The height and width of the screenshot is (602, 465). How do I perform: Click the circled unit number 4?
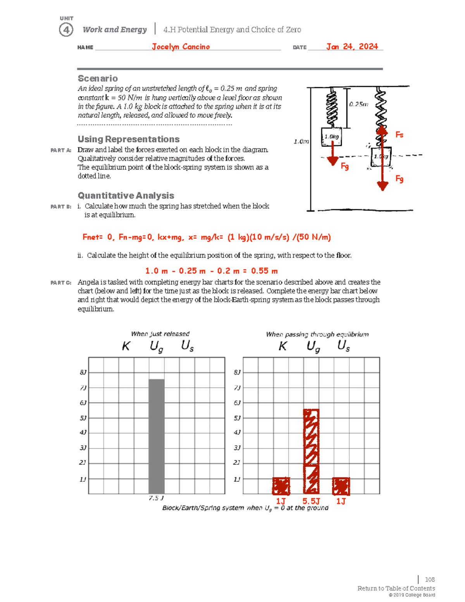(66, 30)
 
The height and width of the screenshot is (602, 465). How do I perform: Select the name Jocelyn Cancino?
(181, 47)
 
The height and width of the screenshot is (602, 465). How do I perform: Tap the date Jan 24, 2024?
(352, 47)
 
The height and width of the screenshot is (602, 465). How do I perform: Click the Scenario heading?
(98, 78)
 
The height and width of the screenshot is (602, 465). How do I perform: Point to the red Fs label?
(399, 135)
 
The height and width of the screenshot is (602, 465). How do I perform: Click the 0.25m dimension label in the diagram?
(358, 104)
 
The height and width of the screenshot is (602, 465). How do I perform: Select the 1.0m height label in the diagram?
(301, 141)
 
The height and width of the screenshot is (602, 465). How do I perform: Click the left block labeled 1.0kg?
(331, 137)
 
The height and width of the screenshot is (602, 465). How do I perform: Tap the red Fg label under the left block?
(344, 166)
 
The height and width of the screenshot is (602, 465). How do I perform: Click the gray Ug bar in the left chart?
(157, 436)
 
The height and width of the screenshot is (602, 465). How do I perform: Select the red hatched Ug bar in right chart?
(311, 451)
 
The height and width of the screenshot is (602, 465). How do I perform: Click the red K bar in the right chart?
(281, 486)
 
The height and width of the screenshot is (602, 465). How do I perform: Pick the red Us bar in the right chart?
(341, 486)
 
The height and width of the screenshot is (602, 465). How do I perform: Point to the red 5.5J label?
(311, 501)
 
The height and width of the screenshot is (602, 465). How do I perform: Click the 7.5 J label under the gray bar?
(156, 498)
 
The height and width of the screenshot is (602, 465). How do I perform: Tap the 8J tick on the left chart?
(83, 373)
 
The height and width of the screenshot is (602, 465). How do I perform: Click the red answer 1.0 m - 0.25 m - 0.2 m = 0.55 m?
(211, 271)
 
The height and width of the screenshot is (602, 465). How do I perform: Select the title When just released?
(160, 334)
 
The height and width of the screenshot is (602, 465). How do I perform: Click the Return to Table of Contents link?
(396, 588)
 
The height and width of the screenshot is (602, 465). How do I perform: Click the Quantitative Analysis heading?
(126, 195)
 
